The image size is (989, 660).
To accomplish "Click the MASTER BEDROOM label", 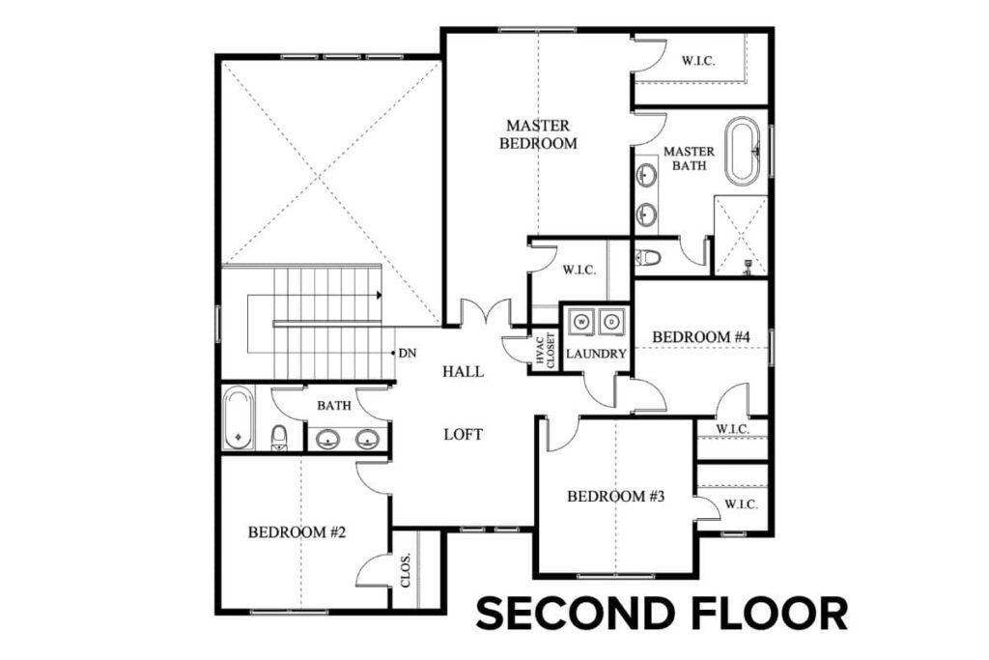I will point(538,134).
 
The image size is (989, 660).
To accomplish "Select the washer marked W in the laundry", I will point(581,320).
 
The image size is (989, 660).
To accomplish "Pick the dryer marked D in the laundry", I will point(612,320).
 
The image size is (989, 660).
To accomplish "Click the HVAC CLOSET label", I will point(544,350).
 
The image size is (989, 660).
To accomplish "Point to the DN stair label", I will point(408,354).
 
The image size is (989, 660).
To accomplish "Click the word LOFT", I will point(463,435).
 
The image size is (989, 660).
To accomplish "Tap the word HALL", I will point(463,372).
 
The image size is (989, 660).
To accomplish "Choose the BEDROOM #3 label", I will point(616,497).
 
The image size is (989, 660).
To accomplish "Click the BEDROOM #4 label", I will point(701,336).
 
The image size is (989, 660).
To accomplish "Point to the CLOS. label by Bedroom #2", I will point(406,570).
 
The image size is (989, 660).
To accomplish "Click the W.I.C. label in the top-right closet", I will point(699,60).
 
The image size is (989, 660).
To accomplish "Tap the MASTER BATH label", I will point(689,158).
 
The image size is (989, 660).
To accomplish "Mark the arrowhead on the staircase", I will point(381,294).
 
